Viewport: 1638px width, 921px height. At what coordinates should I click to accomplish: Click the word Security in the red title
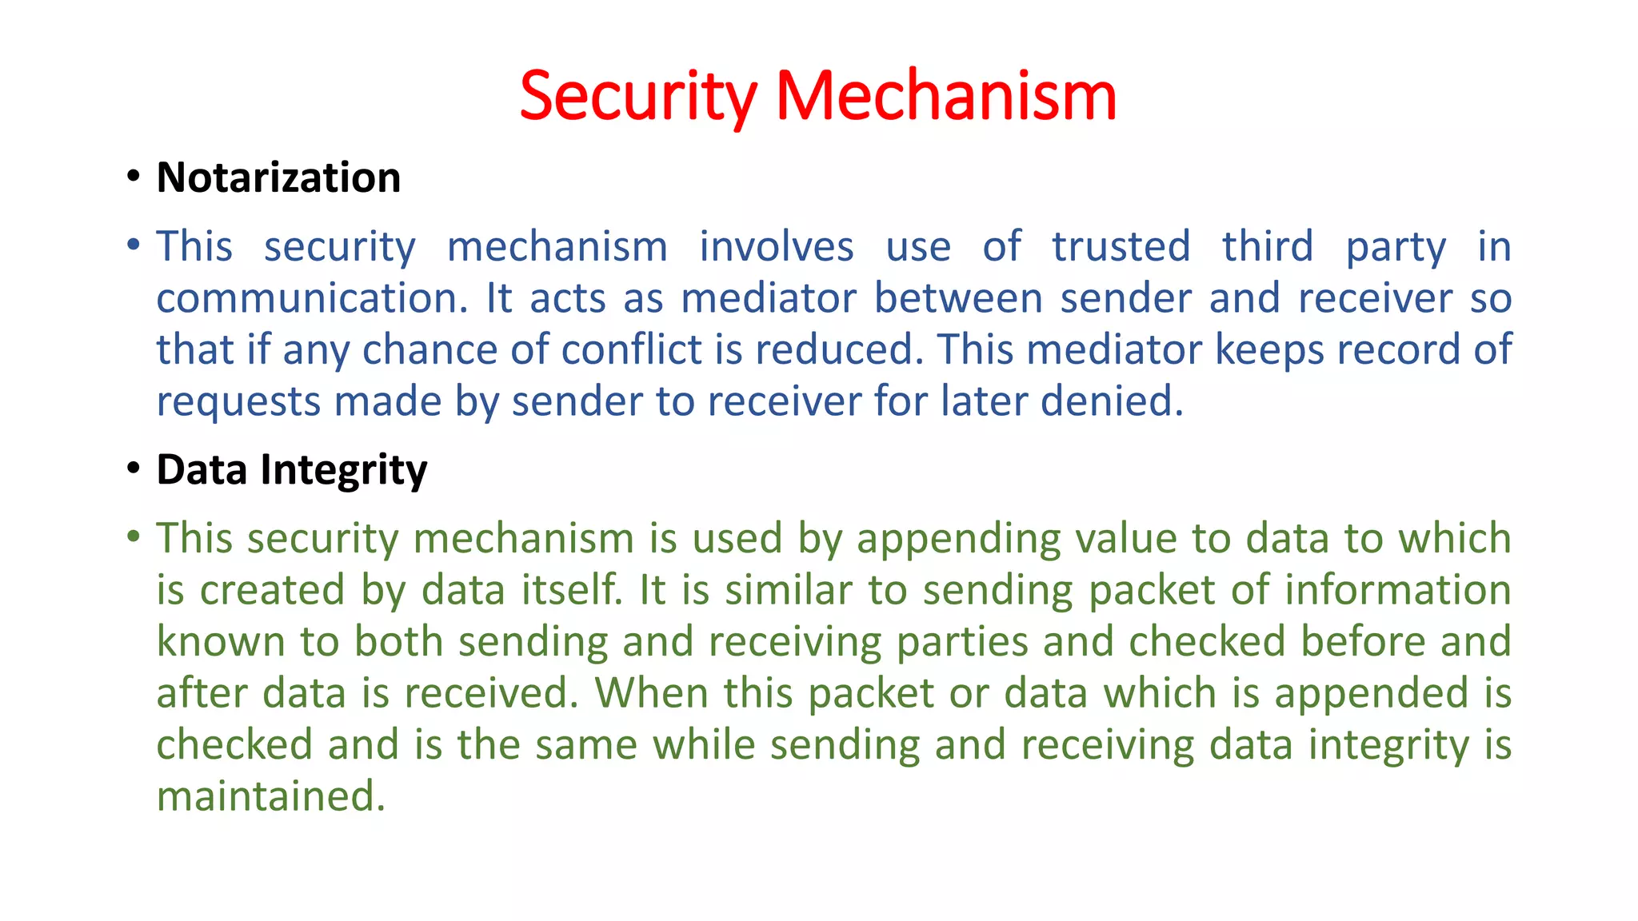pos(637,96)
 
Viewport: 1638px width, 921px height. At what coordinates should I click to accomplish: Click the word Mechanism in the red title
pos(945,96)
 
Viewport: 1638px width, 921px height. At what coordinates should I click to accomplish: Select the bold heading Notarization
pos(278,177)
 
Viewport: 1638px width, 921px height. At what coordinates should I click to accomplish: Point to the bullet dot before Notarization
pos(134,176)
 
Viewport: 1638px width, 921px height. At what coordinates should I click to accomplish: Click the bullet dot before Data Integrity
pos(134,468)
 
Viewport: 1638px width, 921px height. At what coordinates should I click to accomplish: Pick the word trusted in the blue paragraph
pos(1121,246)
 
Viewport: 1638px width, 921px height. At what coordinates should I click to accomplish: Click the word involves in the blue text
pos(776,246)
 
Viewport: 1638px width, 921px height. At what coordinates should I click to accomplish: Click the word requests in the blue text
pos(238,402)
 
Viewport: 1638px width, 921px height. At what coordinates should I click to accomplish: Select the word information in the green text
pos(1397,590)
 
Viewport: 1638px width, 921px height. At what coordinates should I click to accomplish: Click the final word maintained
pos(270,796)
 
